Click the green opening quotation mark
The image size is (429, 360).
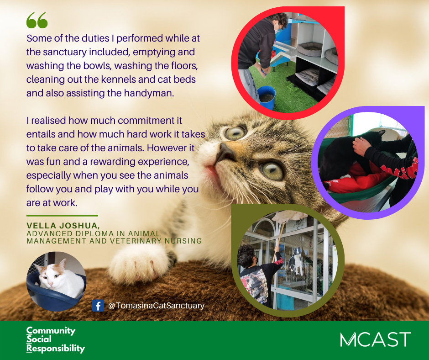(x=37, y=20)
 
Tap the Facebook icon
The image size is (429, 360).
(x=98, y=306)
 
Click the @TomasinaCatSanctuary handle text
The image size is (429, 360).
(x=156, y=306)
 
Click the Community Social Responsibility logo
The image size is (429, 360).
(x=56, y=339)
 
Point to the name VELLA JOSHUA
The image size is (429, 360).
(x=63, y=226)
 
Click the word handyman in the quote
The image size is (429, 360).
(x=149, y=93)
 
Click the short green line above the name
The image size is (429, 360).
(x=62, y=216)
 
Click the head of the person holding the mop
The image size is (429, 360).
(x=247, y=254)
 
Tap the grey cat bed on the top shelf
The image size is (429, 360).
(x=309, y=49)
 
